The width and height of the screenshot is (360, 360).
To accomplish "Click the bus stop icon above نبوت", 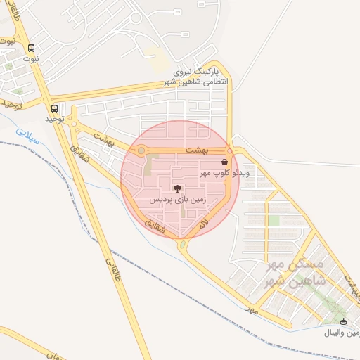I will click(x=30, y=49).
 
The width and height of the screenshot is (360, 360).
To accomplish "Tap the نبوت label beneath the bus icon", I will click(x=30, y=59).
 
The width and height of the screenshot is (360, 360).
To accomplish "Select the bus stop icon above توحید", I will click(x=55, y=109).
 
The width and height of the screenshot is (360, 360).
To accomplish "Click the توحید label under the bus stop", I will click(x=55, y=120).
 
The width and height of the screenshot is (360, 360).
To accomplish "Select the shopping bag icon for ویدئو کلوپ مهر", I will click(x=224, y=162).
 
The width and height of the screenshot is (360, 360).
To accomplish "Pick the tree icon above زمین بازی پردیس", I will click(x=177, y=188).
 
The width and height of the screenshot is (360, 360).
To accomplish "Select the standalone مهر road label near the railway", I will click(x=252, y=309).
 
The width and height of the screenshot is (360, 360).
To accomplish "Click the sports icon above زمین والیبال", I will click(x=343, y=321).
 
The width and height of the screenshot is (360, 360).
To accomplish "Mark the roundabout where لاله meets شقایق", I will click(x=184, y=245).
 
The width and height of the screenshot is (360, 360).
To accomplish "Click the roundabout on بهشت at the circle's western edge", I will click(x=141, y=150).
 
